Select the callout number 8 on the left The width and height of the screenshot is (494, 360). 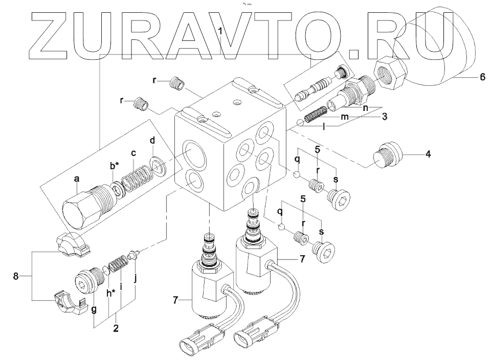click(x=16, y=276)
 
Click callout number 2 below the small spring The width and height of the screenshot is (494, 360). click(x=116, y=329)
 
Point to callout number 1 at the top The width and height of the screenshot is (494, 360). click(x=220, y=31)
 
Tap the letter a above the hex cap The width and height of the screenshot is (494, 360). click(x=77, y=179)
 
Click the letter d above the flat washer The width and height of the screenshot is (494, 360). click(x=152, y=140)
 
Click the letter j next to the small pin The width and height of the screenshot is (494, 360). click(x=135, y=279)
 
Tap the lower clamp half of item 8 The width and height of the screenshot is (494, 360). click(x=68, y=303)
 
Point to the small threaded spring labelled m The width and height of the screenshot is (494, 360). click(x=316, y=115)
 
